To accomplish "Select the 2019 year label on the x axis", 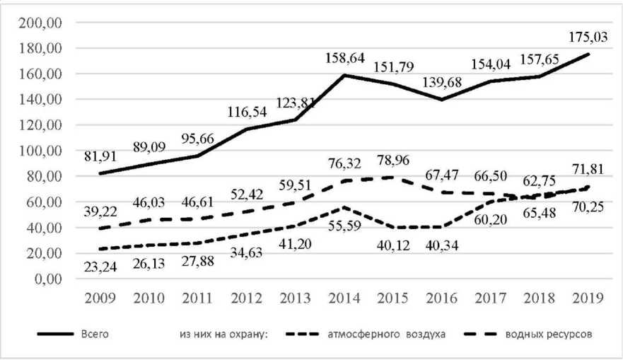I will [586, 298].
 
